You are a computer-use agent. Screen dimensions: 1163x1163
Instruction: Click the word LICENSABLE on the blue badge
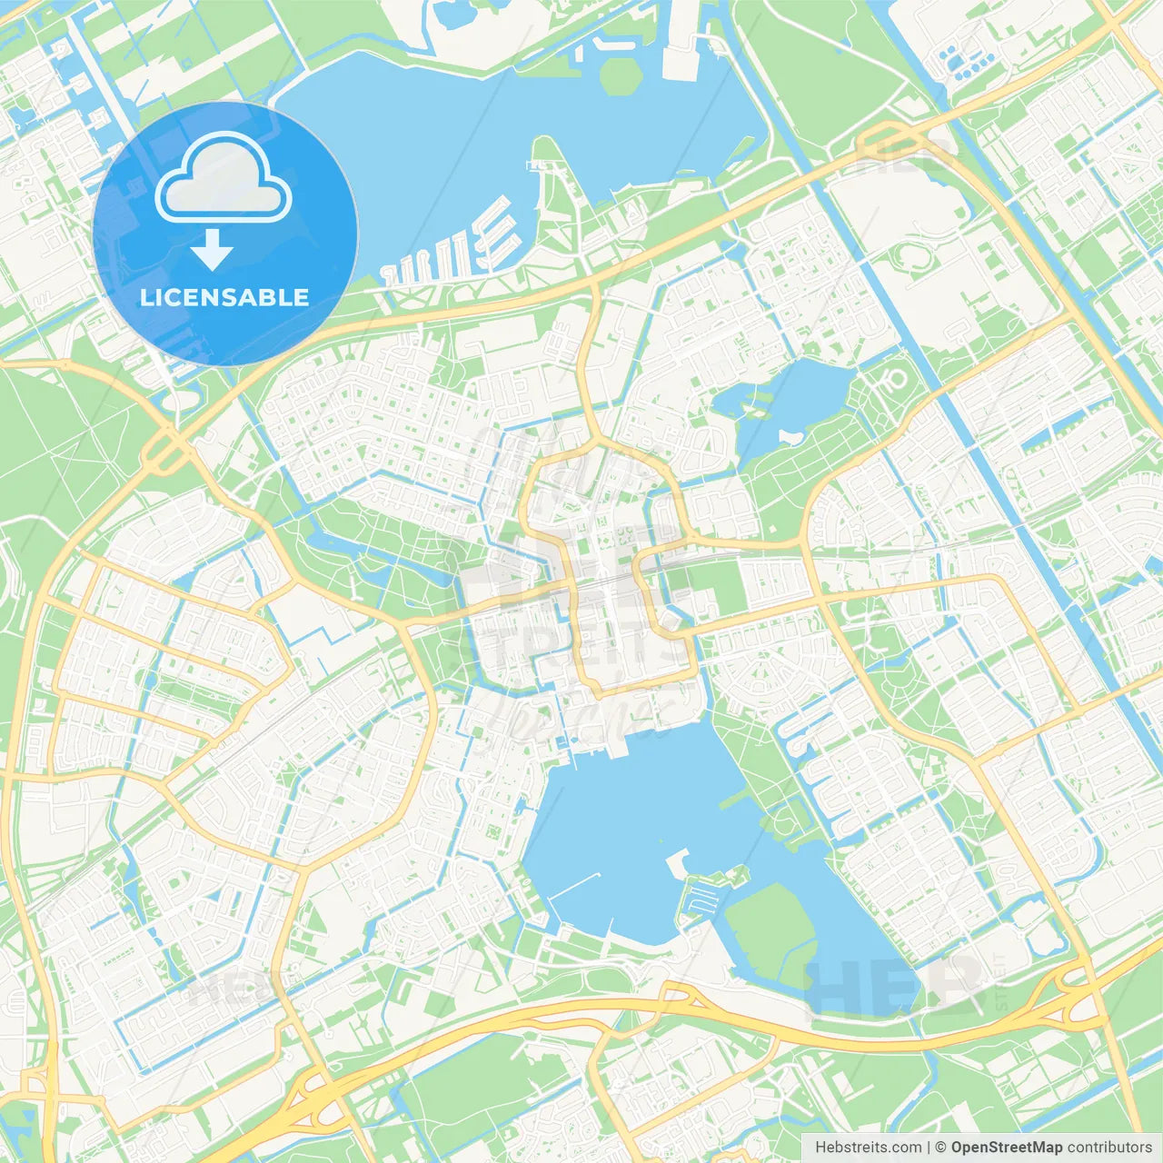pos(224,298)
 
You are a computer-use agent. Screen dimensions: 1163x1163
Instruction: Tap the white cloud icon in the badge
pos(224,180)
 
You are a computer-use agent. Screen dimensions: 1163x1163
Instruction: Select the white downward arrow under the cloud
pos(213,250)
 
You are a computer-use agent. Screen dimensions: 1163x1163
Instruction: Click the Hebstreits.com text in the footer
pos(868,1148)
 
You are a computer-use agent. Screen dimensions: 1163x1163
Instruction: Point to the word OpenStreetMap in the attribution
pos(1006,1148)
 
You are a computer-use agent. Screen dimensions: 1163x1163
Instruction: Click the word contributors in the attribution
pos(1108,1148)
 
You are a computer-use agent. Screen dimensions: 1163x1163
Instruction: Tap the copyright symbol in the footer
pos(940,1148)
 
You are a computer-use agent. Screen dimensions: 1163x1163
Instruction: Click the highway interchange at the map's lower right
pos(1072,990)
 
